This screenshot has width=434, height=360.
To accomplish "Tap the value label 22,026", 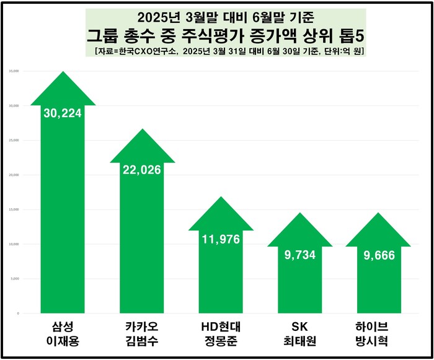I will (141, 170).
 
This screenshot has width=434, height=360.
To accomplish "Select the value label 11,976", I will (221, 239).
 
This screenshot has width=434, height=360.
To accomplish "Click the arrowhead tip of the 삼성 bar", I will (62, 72).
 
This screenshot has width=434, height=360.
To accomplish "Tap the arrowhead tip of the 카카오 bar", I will (141, 130).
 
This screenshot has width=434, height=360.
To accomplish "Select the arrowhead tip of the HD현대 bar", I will (221, 198).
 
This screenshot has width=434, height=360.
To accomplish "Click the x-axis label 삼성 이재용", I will (62, 333).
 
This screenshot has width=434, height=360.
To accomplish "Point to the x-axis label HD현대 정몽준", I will (221, 333).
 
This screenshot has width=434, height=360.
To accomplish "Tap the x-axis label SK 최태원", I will (299, 333).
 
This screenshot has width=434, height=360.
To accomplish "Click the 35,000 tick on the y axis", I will (14, 71).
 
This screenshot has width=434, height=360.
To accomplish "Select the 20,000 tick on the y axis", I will (14, 175).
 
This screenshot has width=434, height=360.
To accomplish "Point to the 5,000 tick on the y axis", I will (14, 279).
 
